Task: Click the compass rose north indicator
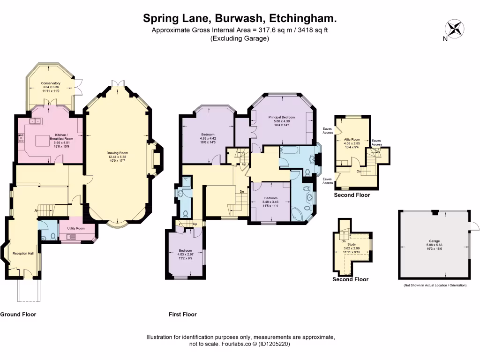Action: [454, 29]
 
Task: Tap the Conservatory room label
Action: [51, 83]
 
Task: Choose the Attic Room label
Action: [352, 139]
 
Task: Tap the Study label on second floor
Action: [352, 244]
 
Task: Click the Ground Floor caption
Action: [18, 314]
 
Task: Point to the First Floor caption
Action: [183, 314]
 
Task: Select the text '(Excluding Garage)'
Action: [240, 39]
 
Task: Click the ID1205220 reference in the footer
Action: [272, 344]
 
